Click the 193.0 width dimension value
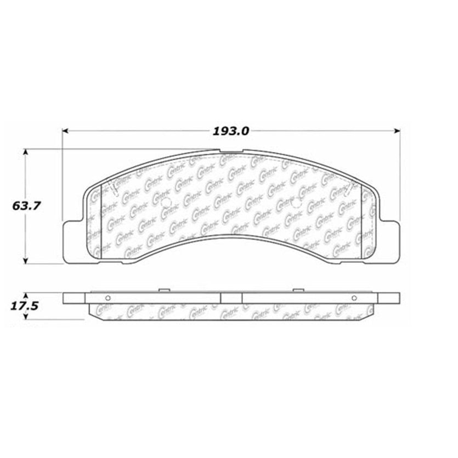click(x=231, y=131)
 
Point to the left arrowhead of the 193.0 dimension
click(x=65, y=131)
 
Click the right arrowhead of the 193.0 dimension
click(x=397, y=131)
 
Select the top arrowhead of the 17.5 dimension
click(x=25, y=295)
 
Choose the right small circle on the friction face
click(x=297, y=202)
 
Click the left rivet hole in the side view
click(x=108, y=298)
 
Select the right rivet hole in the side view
click(x=354, y=298)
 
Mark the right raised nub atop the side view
click(x=298, y=290)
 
